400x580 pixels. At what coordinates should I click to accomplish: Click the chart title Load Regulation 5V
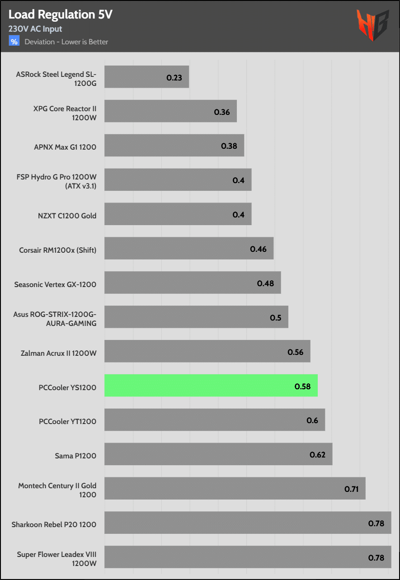(60, 15)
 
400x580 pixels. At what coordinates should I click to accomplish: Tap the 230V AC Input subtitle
(35, 29)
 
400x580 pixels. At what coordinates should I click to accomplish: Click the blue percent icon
(14, 42)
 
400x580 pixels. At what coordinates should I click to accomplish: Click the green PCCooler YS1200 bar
(211, 386)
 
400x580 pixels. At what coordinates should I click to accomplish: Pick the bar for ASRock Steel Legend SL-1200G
(146, 77)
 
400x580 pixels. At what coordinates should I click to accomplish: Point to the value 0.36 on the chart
(222, 112)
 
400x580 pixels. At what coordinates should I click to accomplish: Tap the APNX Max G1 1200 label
(65, 147)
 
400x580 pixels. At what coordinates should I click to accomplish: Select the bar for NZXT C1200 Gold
(178, 214)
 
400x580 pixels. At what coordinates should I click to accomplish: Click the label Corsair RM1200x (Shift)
(58, 250)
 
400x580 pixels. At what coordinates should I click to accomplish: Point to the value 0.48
(265, 283)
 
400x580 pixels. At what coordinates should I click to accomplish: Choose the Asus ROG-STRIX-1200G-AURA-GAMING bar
(196, 317)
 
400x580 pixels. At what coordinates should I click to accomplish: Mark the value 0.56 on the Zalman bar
(296, 352)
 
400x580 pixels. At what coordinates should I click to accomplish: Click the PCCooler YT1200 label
(68, 422)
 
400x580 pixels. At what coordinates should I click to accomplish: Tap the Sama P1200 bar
(218, 454)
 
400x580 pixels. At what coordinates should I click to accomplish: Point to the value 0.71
(352, 489)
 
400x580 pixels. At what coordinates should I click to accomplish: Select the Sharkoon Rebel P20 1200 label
(54, 525)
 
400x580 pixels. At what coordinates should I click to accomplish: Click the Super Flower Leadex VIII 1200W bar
(248, 557)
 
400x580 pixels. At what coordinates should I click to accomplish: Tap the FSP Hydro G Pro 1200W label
(56, 181)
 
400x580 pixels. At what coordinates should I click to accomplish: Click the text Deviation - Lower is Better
(66, 42)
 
